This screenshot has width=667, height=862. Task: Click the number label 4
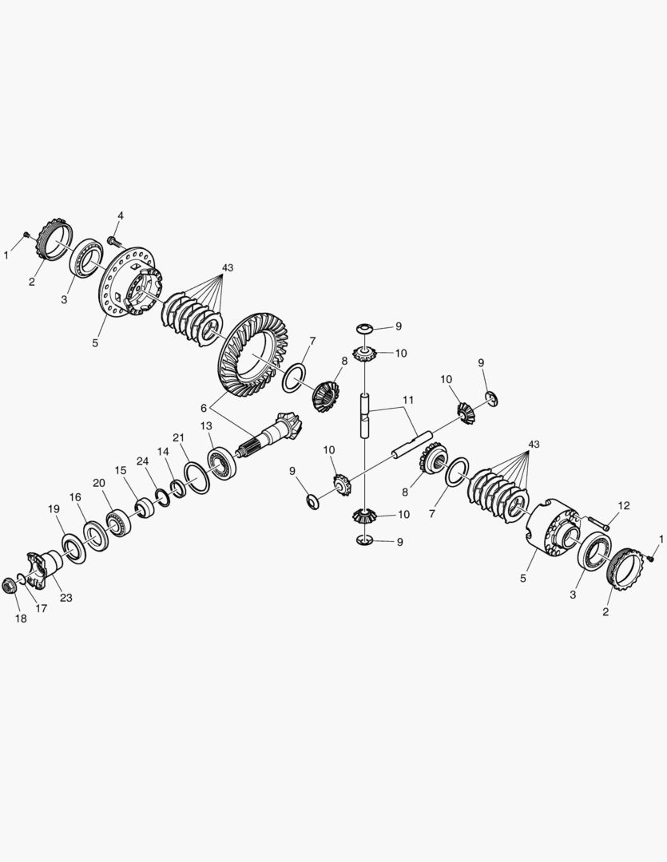coord(121,215)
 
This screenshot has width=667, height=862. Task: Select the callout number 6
coord(204,406)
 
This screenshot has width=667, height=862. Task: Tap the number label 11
coord(408,398)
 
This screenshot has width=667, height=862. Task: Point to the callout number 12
coord(624,505)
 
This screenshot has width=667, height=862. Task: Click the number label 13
coord(206,426)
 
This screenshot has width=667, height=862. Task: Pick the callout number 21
coord(178,437)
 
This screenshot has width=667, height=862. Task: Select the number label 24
coord(142,461)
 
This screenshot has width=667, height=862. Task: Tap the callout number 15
coord(120,470)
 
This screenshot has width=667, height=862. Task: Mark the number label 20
coord(99,483)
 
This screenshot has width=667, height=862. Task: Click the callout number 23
coord(66,597)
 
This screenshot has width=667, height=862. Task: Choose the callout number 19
coord(54,509)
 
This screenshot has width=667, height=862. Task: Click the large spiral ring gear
coord(249,355)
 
